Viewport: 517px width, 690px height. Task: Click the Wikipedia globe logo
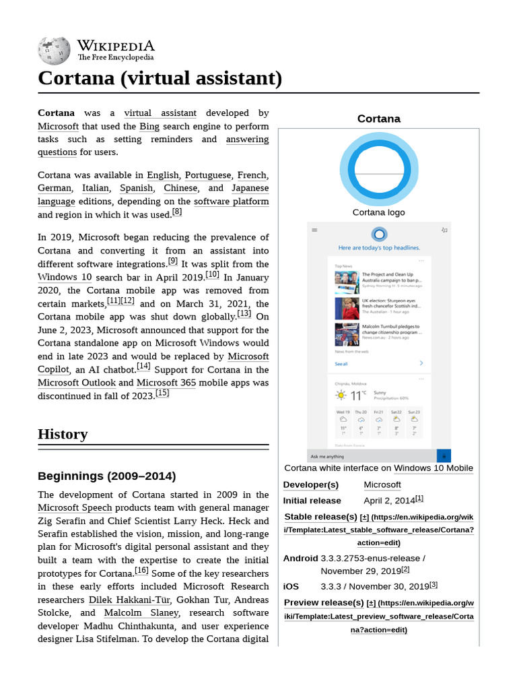(55, 50)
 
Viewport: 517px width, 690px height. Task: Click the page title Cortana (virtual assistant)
(160, 78)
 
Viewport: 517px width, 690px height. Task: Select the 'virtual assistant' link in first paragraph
(160, 113)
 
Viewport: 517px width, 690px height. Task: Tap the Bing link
(149, 126)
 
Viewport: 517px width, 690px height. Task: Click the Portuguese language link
(208, 175)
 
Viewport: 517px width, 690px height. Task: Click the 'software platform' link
(231, 201)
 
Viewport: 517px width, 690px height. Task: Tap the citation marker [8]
(177, 212)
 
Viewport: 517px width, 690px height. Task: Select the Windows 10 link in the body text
(65, 277)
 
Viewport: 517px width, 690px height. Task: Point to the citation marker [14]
(143, 367)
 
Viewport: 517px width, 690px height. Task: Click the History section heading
(63, 434)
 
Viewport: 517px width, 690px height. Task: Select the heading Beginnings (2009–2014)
(106, 476)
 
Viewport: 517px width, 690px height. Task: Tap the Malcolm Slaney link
(141, 613)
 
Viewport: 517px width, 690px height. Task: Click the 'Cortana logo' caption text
(378, 212)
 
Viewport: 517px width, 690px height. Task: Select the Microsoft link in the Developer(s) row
(382, 484)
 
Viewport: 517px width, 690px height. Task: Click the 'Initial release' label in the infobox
(312, 501)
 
